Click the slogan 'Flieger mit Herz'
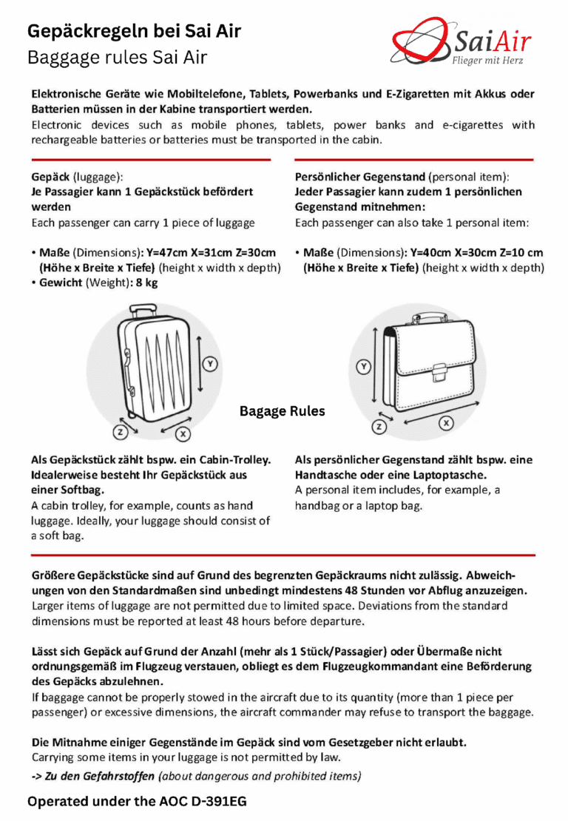point(487,61)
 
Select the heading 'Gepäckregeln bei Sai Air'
point(134,31)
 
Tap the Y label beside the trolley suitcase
point(210,363)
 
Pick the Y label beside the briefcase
point(364,365)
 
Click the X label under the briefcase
point(446,423)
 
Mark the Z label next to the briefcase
point(379,426)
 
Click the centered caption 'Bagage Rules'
point(282,411)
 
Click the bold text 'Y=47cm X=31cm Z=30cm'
point(212,253)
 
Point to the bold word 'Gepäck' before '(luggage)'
point(50,178)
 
